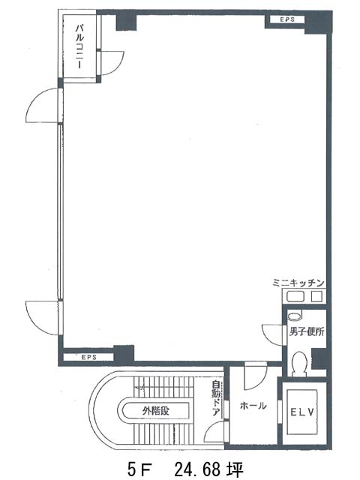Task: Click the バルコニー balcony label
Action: (x=80, y=46)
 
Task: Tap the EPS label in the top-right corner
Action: (x=287, y=19)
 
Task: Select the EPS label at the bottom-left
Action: (x=89, y=357)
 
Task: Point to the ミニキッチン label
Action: (x=298, y=283)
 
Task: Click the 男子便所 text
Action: (x=307, y=331)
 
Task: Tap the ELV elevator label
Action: (x=302, y=412)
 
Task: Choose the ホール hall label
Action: (x=253, y=406)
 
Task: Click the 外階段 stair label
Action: (x=156, y=410)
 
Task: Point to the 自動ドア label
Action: (x=216, y=398)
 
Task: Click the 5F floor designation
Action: (x=140, y=469)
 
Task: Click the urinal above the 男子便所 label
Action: (x=295, y=315)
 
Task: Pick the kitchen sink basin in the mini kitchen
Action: (x=295, y=296)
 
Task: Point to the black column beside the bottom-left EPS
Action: (x=124, y=354)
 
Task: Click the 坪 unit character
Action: (x=235, y=469)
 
